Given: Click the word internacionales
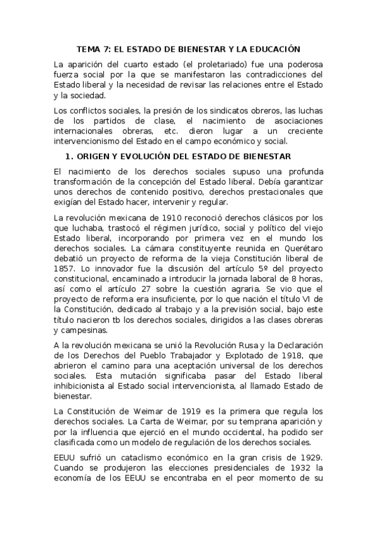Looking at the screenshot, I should coord(91,131).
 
